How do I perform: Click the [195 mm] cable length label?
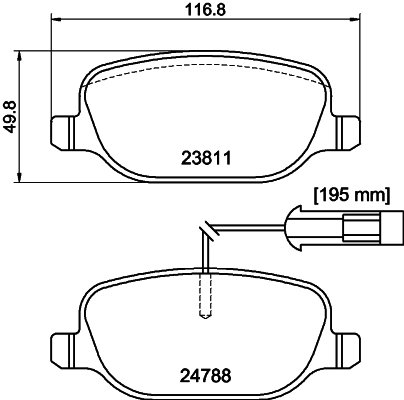350,195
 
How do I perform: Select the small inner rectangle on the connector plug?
358,226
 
